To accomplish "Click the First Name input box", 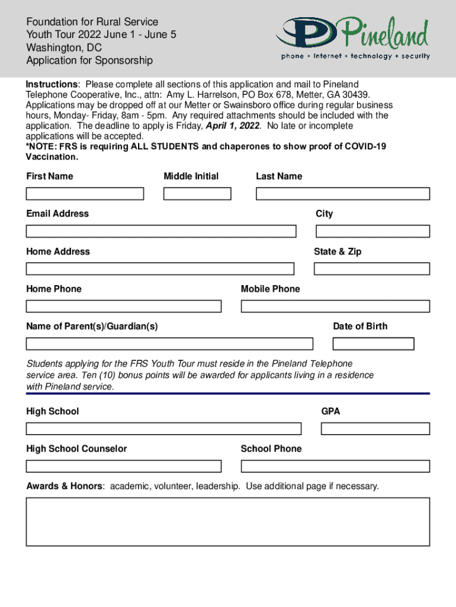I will coord(85,194).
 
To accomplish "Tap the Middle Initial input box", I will coord(197,194).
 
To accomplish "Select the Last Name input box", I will coord(343,194).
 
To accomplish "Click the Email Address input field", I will coord(161,231).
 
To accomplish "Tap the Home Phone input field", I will coord(124,306).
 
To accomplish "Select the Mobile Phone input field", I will coord(335,306).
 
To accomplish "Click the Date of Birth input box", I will coord(373,344).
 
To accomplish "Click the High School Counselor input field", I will coord(124,467).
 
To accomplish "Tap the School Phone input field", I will coord(335,467).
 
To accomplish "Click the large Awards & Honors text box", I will coord(228,522).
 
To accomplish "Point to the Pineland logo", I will coord(353,39).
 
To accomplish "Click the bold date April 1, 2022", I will coord(232,126).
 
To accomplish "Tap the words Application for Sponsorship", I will coord(89,60).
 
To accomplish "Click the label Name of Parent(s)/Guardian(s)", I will coord(92,326).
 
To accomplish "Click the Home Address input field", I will coord(160,269).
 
